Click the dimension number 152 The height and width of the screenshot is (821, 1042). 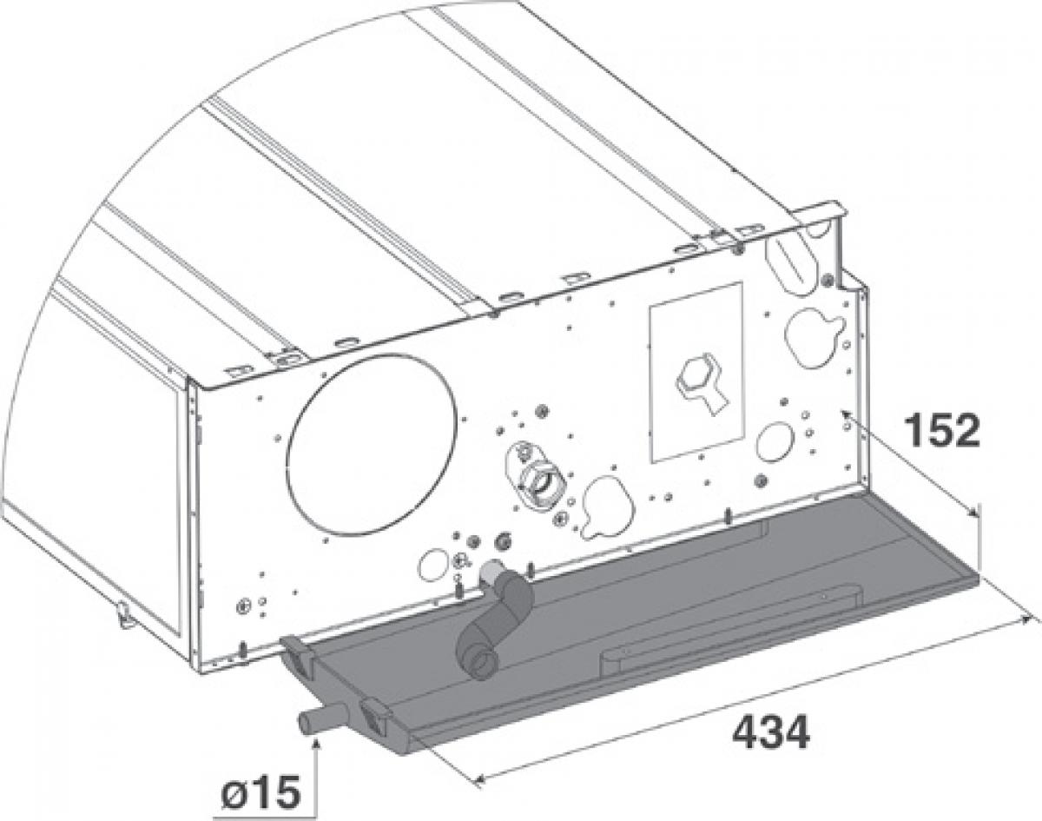point(942,431)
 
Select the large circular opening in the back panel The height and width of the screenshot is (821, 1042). point(372,446)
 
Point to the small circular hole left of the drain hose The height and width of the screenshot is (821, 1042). point(432,565)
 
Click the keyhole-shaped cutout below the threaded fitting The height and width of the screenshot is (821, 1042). point(607,507)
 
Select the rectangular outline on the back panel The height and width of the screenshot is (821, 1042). point(696,371)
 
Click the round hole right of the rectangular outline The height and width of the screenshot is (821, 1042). point(775,441)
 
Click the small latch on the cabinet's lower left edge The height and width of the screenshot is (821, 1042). point(124,613)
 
